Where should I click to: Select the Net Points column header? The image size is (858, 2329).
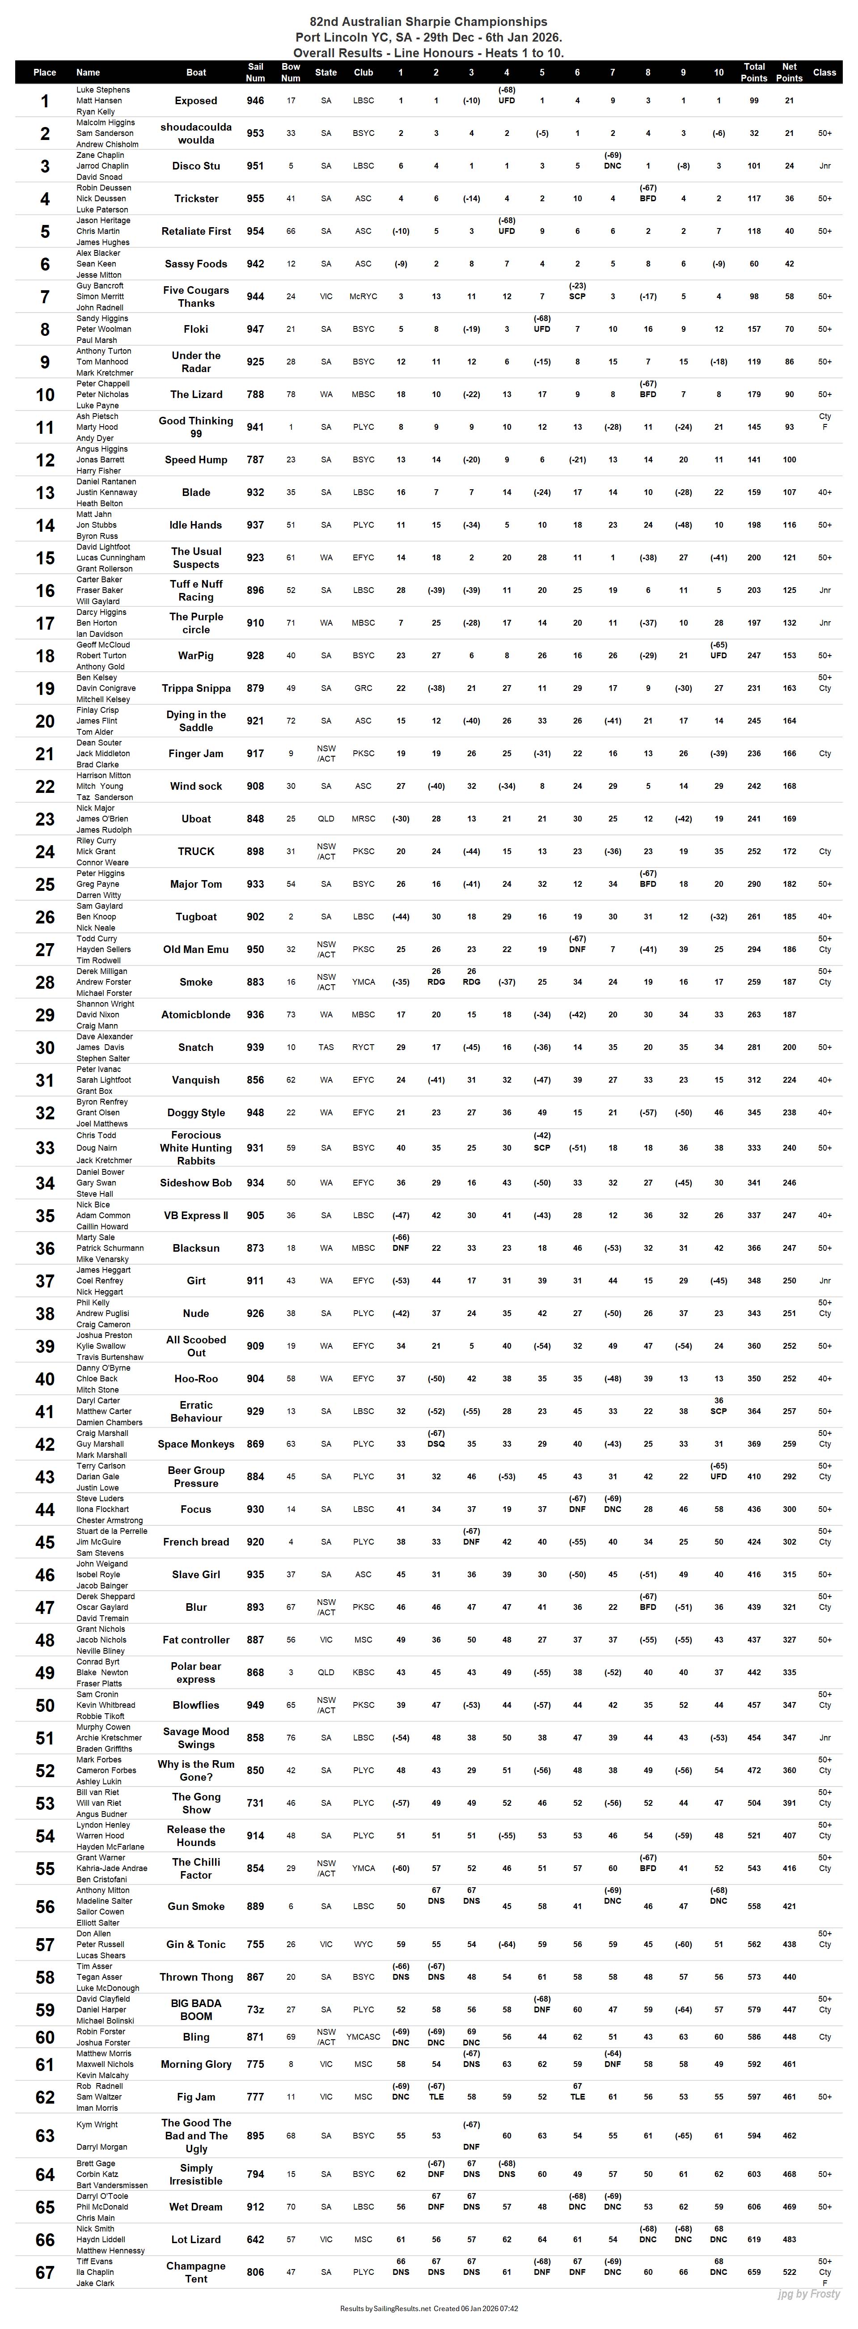pyautogui.click(x=789, y=72)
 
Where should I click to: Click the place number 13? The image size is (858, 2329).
pyautogui.click(x=45, y=493)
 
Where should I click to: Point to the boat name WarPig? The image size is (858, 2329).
pyautogui.click(x=196, y=656)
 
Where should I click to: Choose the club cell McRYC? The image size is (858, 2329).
pyautogui.click(x=363, y=296)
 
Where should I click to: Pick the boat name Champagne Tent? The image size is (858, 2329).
pyautogui.click(x=196, y=2272)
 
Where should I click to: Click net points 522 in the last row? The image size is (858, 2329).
pyautogui.click(x=789, y=2272)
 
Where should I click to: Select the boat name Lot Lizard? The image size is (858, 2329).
pyautogui.click(x=196, y=2240)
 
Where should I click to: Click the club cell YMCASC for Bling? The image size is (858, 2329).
pyautogui.click(x=363, y=2037)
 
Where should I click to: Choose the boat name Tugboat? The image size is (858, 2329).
pyautogui.click(x=196, y=917)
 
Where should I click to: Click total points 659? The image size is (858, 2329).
pyautogui.click(x=754, y=2272)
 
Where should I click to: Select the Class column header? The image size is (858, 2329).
pyautogui.click(x=824, y=72)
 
